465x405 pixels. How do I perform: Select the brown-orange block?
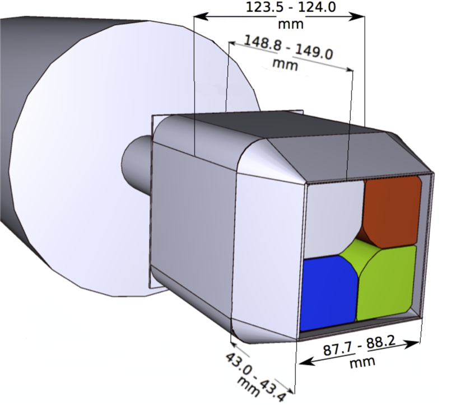pyautogui.click(x=392, y=210)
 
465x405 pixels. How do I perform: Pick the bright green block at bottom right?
pyautogui.click(x=387, y=283)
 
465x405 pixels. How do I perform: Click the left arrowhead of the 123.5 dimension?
pyautogui.click(x=197, y=17)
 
